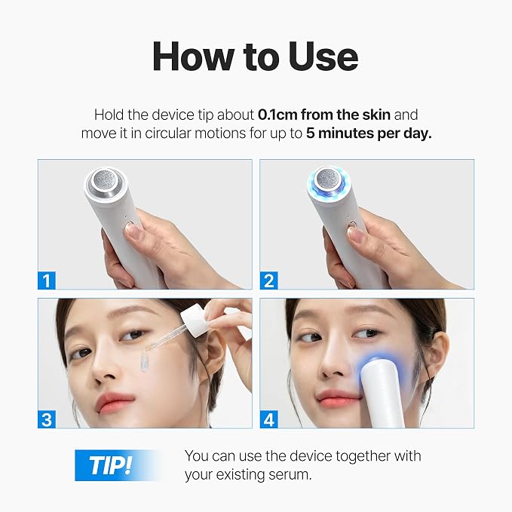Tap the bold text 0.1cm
click(x=277, y=115)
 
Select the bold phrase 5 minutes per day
click(x=369, y=133)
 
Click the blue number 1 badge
click(x=47, y=281)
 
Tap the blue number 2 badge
click(x=268, y=281)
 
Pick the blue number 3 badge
click(x=47, y=419)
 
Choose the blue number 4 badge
click(x=268, y=419)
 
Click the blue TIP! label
click(x=111, y=465)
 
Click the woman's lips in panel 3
click(x=115, y=403)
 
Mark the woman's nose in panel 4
click(x=333, y=363)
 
